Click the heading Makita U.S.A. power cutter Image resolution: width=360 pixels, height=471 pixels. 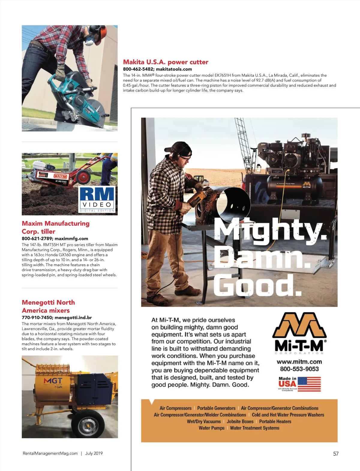pyautogui.click(x=166, y=62)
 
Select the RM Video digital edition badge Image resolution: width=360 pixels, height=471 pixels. pyautogui.click(x=97, y=199)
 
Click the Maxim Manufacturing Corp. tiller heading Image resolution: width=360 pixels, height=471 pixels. pyautogui.click(x=55, y=227)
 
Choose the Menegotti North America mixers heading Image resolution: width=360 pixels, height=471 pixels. pyautogui.click(x=48, y=306)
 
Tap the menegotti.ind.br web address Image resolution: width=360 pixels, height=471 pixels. pyautogui.click(x=73, y=317)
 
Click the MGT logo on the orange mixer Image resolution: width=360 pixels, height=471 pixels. pyautogui.click(x=53, y=381)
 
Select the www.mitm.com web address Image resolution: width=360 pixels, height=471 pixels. pyautogui.click(x=299, y=362)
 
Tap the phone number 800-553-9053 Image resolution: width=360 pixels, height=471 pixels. pyautogui.click(x=299, y=369)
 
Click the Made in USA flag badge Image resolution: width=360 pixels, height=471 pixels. pyautogui.click(x=299, y=384)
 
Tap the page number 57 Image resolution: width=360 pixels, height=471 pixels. pyautogui.click(x=336, y=454)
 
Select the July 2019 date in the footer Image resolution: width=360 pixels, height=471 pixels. pyautogui.click(x=94, y=453)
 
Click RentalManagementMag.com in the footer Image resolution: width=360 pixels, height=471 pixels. pyautogui.click(x=50, y=453)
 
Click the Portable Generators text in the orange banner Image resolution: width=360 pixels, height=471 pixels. pyautogui.click(x=216, y=408)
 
